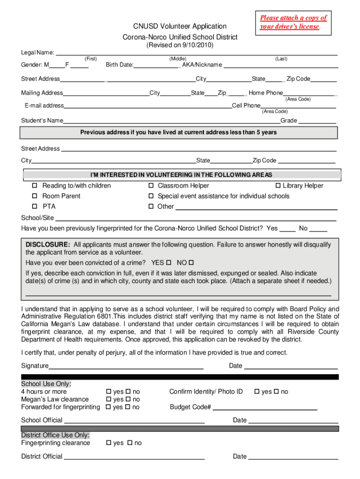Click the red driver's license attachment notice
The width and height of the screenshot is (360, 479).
[293, 22]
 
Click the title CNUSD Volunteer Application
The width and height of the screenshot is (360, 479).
[180, 26]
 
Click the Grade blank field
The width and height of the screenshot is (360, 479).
[317, 121]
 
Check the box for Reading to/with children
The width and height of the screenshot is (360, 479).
[35, 186]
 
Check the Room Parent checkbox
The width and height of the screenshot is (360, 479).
[35, 196]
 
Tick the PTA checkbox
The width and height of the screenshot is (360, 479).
[35, 207]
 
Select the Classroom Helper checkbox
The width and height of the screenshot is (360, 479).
[151, 186]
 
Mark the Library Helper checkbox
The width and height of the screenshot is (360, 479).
[278, 186]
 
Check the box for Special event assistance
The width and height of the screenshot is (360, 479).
[151, 196]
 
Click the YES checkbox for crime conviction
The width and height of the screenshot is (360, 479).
[169, 262]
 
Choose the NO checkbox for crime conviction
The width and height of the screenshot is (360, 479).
[191, 262]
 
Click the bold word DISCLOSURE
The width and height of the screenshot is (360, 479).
[48, 245]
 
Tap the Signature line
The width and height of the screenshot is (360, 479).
[126, 366]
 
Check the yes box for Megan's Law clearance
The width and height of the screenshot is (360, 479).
[109, 399]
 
